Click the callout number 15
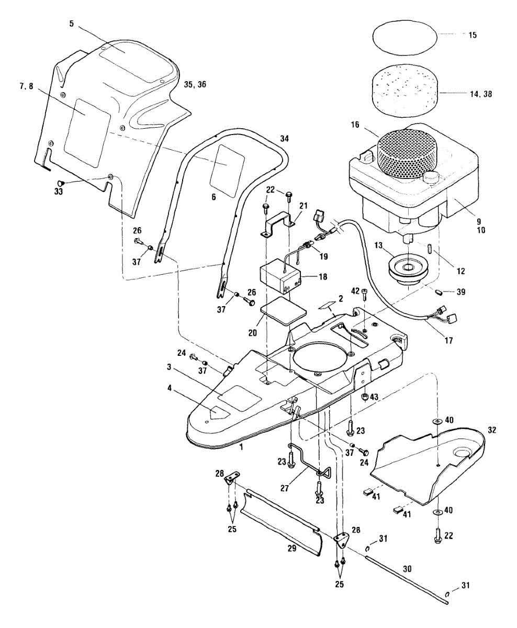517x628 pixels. point(473,35)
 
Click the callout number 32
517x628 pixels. point(491,430)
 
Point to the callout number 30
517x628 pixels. point(406,567)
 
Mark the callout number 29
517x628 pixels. point(291,548)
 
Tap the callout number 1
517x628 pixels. point(241,447)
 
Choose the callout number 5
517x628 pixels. point(72,24)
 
